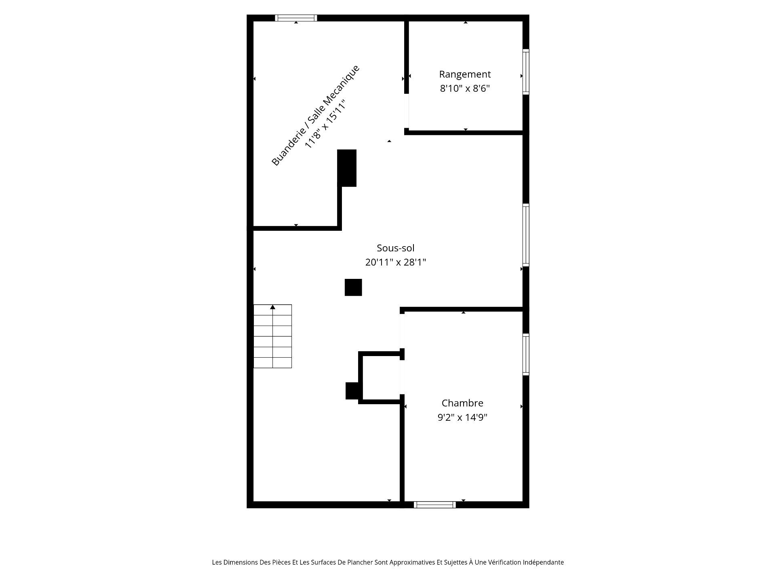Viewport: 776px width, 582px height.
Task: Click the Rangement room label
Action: [x=465, y=74]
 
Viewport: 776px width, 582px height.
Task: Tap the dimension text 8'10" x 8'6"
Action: [x=465, y=89]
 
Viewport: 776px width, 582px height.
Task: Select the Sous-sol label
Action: [x=396, y=248]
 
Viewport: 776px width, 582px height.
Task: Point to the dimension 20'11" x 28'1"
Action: [x=396, y=262]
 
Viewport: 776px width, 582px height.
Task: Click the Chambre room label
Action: [x=462, y=403]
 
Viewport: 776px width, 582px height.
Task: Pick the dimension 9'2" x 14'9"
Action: [x=462, y=417]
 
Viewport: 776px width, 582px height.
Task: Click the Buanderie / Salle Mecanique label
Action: [x=315, y=115]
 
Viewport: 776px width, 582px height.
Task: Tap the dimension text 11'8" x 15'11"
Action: [x=327, y=124]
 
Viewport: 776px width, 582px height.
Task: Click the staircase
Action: [x=272, y=336]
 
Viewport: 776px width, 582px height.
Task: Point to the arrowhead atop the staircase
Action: [x=273, y=307]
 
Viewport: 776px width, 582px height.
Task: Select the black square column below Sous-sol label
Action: [x=353, y=287]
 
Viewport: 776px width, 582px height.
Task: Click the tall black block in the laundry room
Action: [x=347, y=168]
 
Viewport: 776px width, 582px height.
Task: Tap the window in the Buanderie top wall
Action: [x=296, y=18]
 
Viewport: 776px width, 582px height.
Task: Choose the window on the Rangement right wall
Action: [x=526, y=72]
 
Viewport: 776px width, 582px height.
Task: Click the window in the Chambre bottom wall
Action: [x=435, y=505]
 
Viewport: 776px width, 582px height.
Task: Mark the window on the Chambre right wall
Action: [x=526, y=354]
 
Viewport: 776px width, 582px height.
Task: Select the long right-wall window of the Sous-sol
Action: [x=526, y=235]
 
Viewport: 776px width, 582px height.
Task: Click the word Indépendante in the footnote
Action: [x=543, y=562]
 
